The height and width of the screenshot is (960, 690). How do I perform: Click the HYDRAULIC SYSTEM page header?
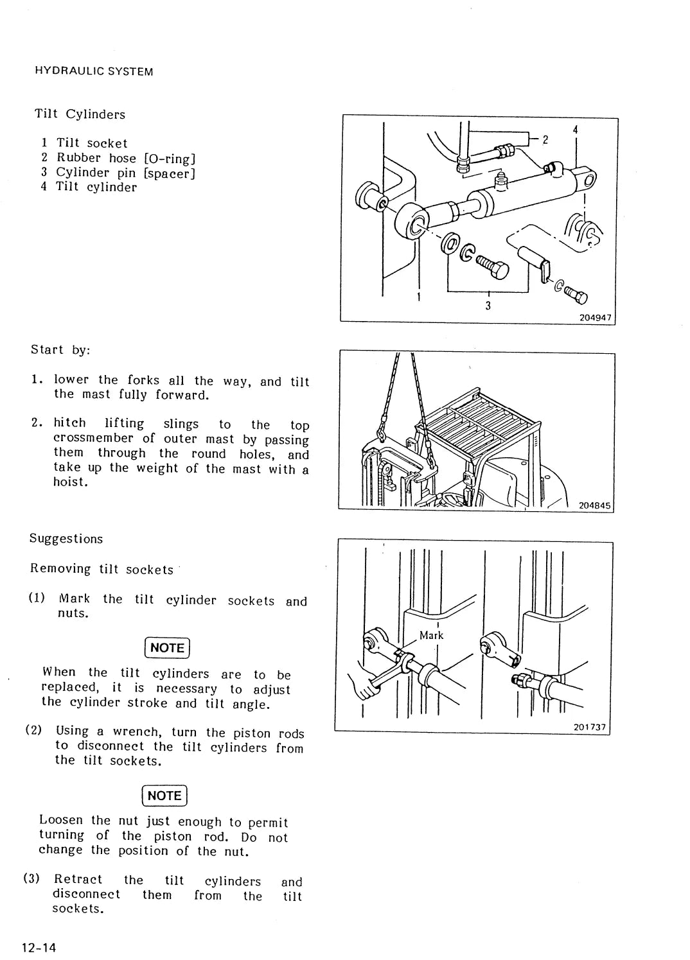[x=94, y=71]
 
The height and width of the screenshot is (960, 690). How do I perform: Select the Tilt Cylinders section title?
[x=80, y=114]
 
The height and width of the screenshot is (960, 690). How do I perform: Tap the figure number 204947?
[x=595, y=318]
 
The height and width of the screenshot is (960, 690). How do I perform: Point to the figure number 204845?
[x=594, y=505]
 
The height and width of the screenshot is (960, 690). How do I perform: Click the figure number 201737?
[x=590, y=728]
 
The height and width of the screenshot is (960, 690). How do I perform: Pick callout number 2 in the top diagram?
[x=545, y=140]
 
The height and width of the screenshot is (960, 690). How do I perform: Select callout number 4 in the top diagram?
[x=576, y=130]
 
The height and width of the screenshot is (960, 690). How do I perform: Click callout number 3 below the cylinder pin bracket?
[x=488, y=306]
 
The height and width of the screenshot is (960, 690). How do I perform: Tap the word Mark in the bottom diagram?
[x=432, y=635]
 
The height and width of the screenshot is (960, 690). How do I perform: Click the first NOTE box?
[x=167, y=647]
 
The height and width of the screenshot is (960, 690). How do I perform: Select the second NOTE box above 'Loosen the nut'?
[x=164, y=796]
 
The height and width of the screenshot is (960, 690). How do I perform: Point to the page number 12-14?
[x=39, y=948]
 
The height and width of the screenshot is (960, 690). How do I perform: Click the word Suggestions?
[x=66, y=539]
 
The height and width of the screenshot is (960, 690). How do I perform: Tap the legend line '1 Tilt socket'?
[x=84, y=143]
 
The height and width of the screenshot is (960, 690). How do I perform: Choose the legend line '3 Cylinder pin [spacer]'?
[x=118, y=173]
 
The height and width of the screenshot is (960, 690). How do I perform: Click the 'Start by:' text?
[x=60, y=350]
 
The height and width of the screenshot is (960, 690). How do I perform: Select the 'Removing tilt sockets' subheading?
[x=102, y=569]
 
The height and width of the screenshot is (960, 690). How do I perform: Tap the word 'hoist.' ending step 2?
[x=70, y=482]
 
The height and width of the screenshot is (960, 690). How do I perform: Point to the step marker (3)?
[x=31, y=879]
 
